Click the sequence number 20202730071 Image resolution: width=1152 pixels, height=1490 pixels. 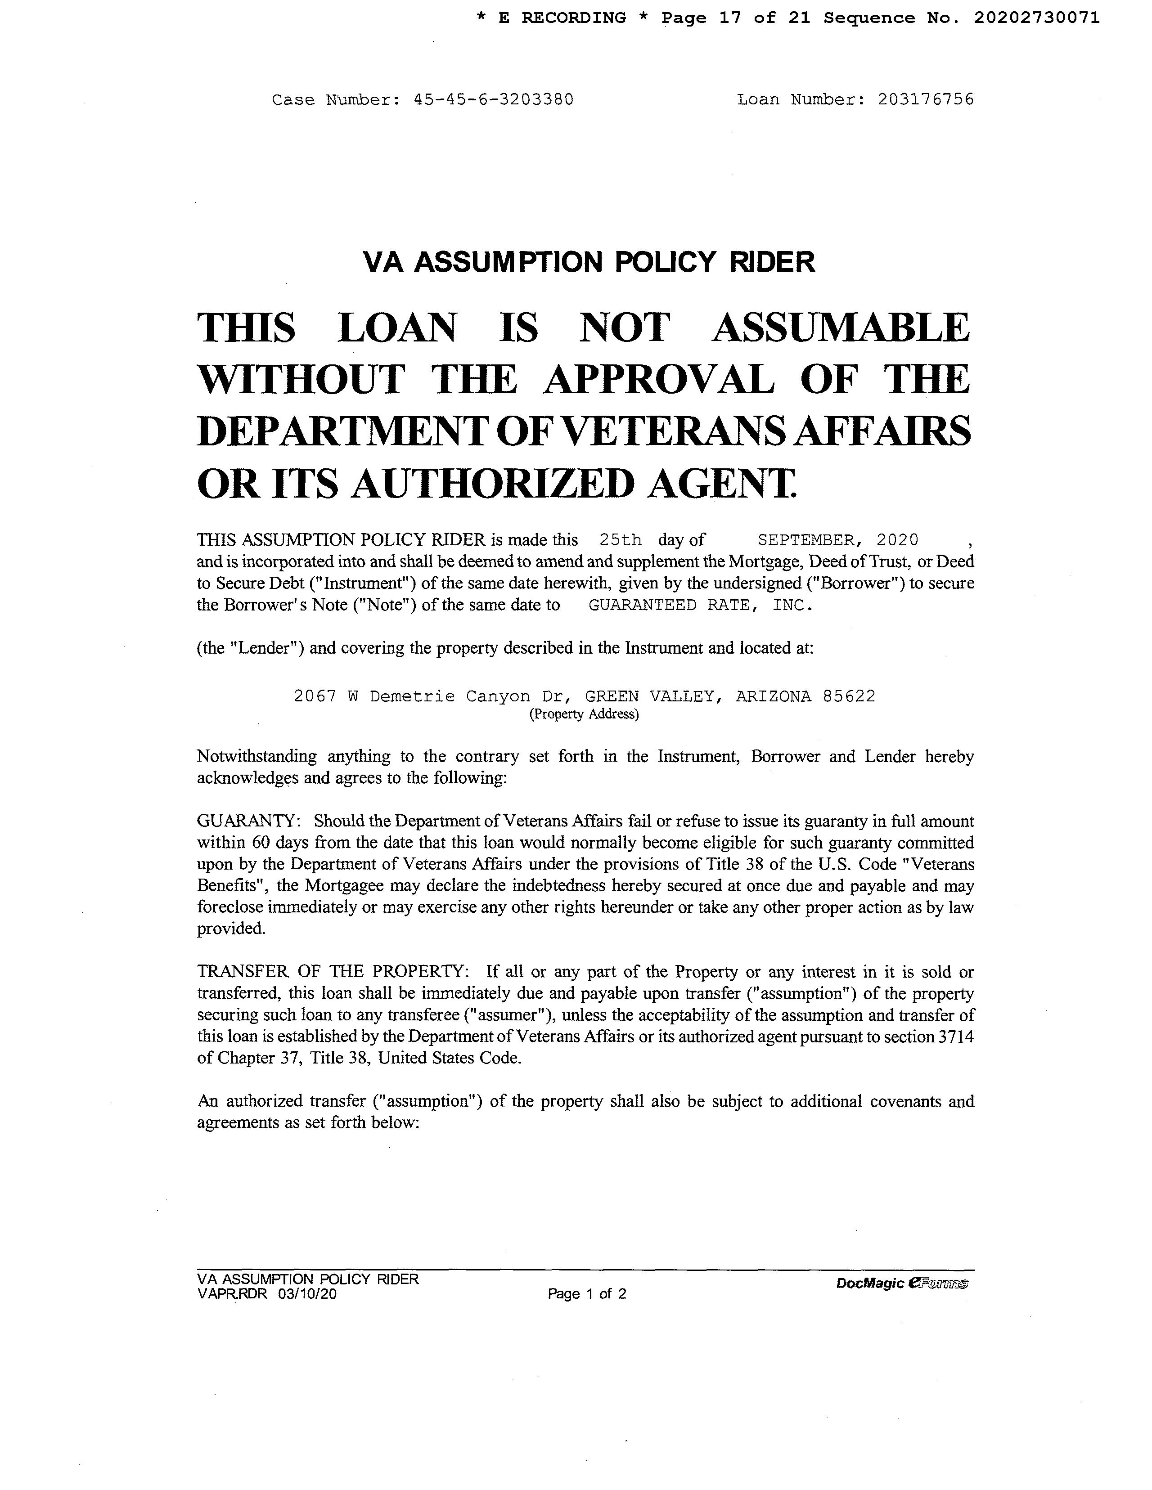pyautogui.click(x=1036, y=18)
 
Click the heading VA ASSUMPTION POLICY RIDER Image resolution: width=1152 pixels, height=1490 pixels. pyautogui.click(x=589, y=262)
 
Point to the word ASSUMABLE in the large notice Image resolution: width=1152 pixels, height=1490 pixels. pyautogui.click(x=841, y=328)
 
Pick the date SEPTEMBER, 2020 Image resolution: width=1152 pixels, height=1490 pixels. pyautogui.click(x=838, y=540)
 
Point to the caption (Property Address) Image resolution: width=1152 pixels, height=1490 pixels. pyautogui.click(x=584, y=714)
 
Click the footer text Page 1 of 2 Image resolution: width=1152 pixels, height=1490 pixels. pyautogui.click(x=587, y=1293)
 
